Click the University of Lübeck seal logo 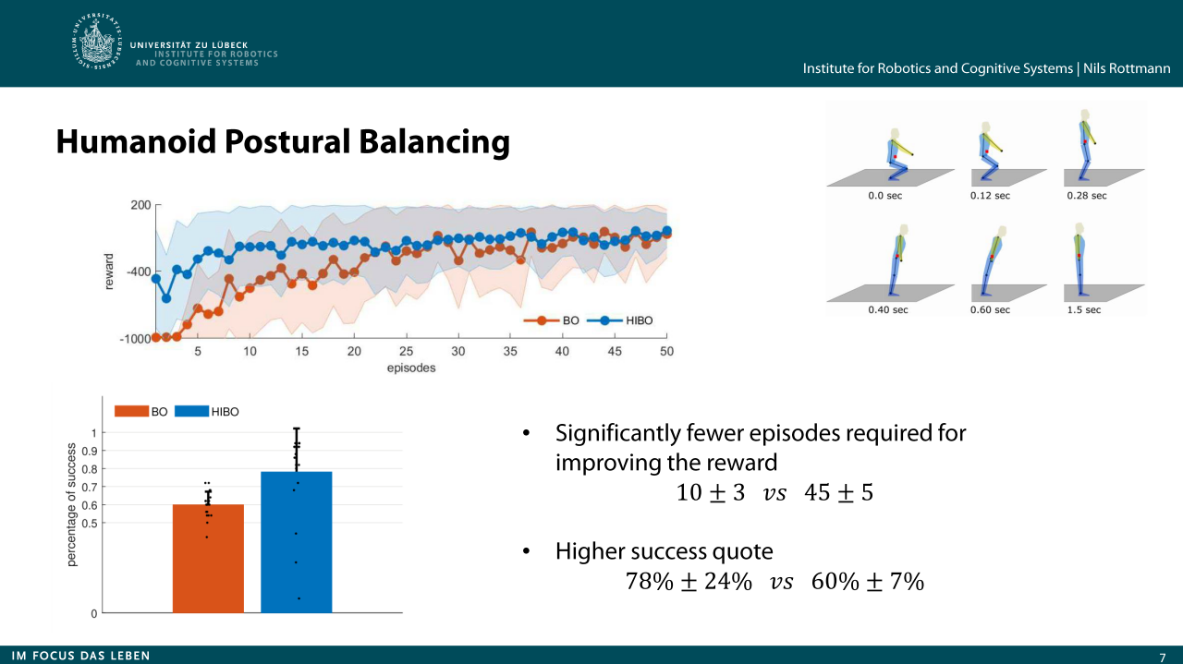pos(97,42)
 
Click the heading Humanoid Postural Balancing pos(283,141)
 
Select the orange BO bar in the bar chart pos(208,558)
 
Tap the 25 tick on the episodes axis pos(407,352)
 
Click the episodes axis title pos(411,368)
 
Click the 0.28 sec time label pos(1086,196)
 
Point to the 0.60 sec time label pos(990,310)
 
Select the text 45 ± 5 pos(838,493)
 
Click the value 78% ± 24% pos(689,582)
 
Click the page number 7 pos(1163,658)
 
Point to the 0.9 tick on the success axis pos(90,451)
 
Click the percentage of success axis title pos(72,504)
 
